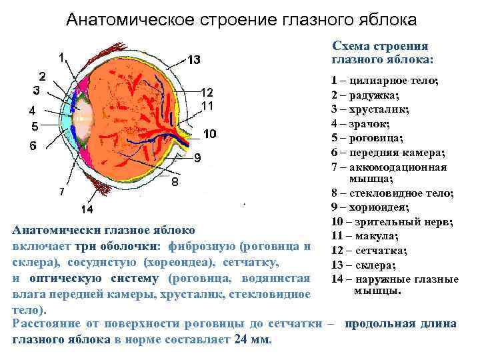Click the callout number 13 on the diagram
193,61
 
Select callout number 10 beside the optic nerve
209,134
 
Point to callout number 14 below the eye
87,210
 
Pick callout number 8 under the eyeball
175,181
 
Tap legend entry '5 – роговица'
367,138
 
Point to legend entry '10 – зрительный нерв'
392,221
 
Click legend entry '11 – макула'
365,235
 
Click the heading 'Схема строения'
380,46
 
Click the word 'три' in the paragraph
103,247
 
